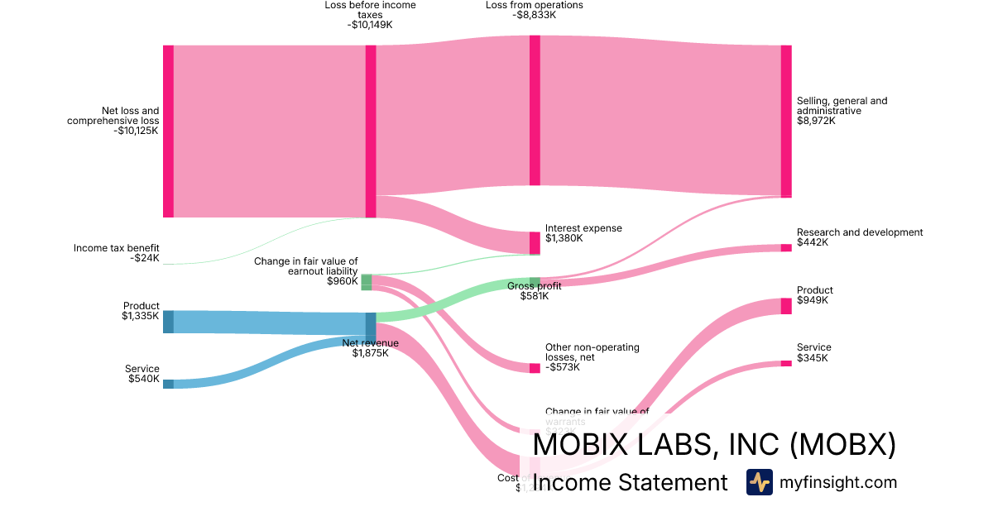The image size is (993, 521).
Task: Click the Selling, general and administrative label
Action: pos(842,106)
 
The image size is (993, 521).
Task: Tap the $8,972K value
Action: pos(816,121)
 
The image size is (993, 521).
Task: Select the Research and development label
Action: pos(859,232)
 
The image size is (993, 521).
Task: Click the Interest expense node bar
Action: pos(535,242)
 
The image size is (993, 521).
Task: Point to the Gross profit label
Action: pos(535,286)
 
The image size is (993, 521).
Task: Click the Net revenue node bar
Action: pos(371,327)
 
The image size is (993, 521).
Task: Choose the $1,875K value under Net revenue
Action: pos(370,354)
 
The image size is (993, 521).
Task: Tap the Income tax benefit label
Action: pos(116,248)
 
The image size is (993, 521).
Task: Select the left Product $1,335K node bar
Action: pos(168,322)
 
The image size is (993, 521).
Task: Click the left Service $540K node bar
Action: pos(168,384)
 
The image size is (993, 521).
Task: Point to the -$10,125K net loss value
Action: pos(137,131)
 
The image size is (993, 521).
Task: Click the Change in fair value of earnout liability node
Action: pos(367,282)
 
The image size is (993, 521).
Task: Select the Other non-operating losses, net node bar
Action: pos(535,368)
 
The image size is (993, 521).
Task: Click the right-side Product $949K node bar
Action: pos(786,306)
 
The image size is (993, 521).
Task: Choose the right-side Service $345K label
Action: pos(813,347)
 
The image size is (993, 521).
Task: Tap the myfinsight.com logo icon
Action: pos(759,482)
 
